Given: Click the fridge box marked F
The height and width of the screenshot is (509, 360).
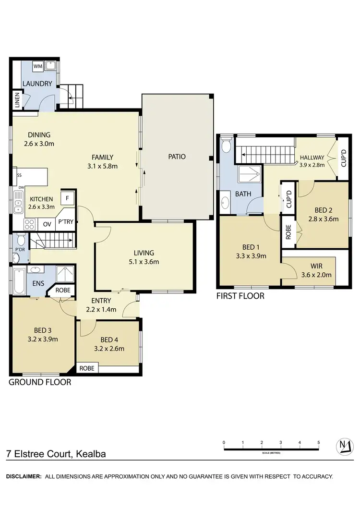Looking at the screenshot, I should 67,198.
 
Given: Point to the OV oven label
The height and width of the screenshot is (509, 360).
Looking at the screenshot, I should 47,224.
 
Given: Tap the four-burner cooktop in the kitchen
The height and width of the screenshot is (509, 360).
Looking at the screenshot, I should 29,224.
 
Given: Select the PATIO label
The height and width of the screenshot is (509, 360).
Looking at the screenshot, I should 177,157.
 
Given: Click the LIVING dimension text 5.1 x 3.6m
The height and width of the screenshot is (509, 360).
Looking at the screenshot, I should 144,262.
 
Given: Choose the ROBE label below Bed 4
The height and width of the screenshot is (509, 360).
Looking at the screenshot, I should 87,369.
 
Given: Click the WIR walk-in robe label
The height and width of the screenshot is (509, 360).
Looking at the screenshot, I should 315,267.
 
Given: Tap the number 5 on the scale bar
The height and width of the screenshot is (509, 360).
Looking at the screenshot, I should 318,442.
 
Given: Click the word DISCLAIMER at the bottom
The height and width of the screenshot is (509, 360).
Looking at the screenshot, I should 23,476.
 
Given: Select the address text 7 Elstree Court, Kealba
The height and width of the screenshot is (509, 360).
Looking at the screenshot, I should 56,453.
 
